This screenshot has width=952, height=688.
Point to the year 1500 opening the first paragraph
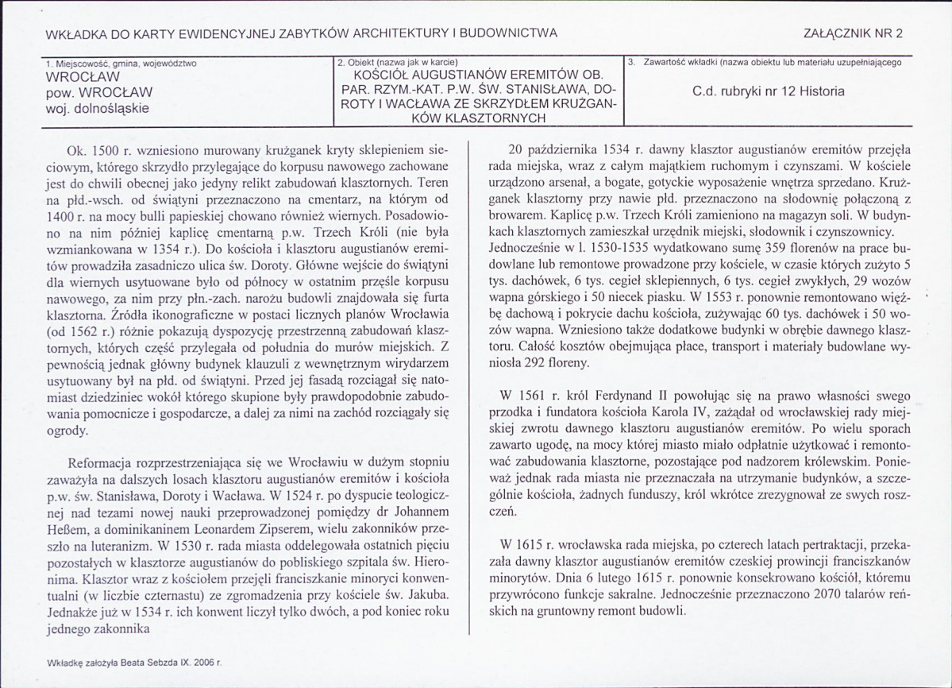click(106, 149)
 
